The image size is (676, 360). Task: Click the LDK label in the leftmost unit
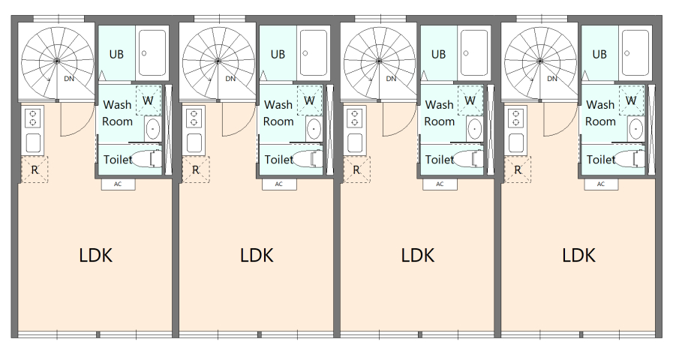[x=96, y=255]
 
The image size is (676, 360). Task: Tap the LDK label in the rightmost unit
[x=578, y=255]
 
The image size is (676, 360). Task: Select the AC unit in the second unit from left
[x=279, y=184]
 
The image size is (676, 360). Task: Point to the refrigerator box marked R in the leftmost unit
[x=35, y=169]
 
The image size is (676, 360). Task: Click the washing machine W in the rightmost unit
[x=631, y=100]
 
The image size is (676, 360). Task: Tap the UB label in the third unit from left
[x=438, y=54]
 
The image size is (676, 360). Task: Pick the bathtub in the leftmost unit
[x=152, y=53]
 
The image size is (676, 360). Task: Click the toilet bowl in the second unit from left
[x=308, y=159]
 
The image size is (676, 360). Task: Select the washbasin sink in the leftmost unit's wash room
[x=152, y=128]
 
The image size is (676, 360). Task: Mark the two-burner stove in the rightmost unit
[x=515, y=118]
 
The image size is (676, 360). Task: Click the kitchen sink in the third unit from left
[x=355, y=142]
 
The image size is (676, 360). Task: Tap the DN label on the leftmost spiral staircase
[x=69, y=79]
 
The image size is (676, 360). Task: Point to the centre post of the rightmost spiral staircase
[x=540, y=61]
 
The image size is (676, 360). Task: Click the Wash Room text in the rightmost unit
[x=600, y=113]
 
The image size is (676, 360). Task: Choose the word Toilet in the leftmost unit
[x=118, y=160]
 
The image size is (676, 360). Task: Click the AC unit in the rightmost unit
[x=601, y=184]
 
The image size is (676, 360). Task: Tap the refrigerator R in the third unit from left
[x=356, y=169]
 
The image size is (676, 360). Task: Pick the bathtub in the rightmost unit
[x=636, y=53]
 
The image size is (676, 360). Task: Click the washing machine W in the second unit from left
[x=309, y=100]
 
